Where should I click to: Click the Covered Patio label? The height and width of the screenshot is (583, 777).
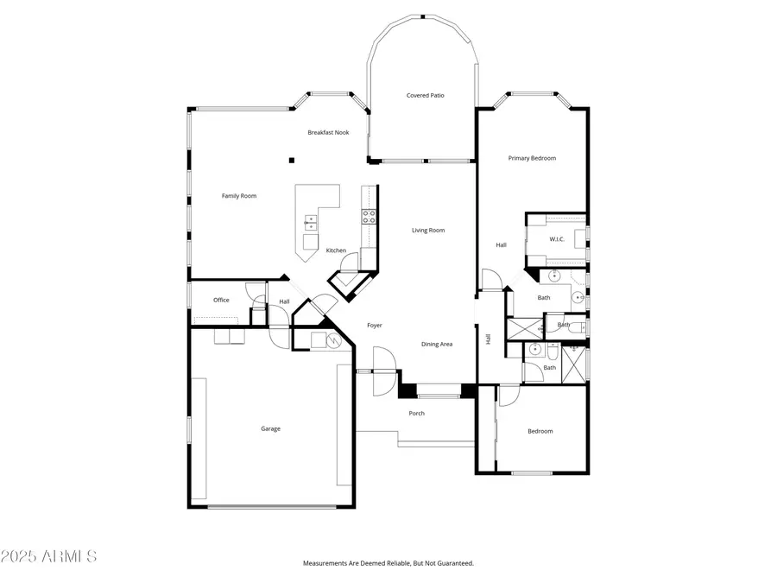426,95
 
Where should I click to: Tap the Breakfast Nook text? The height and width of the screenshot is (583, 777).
328,132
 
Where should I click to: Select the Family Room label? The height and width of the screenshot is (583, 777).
239,196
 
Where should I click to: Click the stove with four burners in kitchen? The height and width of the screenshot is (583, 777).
369,217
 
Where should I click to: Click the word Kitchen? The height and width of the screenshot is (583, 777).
336,250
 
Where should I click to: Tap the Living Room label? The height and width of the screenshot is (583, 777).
427,230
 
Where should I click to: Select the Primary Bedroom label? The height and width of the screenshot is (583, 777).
532,158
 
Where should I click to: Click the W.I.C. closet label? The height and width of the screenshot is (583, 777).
557,239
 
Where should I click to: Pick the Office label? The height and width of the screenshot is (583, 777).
221,300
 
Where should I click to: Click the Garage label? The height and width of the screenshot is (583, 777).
270,428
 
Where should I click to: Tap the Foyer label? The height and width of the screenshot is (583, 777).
375,326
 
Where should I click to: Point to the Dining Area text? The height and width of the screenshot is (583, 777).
437,345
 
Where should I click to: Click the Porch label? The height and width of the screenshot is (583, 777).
416,413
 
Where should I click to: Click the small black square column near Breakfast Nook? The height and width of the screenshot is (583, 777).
291,159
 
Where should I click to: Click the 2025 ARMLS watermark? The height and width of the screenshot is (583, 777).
49,555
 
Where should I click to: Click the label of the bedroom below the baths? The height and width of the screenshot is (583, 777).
540,431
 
